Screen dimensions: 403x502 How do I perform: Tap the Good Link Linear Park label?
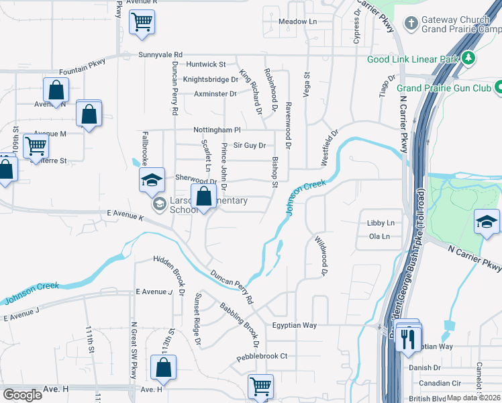pos(413,59)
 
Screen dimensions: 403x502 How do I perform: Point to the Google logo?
pos(22,394)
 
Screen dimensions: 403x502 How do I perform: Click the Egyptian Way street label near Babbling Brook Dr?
pos(294,325)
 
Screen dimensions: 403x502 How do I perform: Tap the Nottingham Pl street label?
pos(217,129)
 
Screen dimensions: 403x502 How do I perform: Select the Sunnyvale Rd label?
pos(160,54)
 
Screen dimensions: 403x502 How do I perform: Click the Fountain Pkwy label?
pos(83,69)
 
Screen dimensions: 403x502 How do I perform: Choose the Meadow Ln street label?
pos(297,21)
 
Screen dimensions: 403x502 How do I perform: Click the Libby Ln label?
pos(381,222)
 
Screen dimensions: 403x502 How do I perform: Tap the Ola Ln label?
pos(379,236)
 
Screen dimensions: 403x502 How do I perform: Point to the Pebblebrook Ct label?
pos(261,355)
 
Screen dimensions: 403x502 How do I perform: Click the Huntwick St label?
pos(207,64)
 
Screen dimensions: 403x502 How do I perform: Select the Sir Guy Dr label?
pos(250,145)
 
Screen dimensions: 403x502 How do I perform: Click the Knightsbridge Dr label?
pos(211,79)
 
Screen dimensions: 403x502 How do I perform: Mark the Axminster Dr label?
pos(215,94)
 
